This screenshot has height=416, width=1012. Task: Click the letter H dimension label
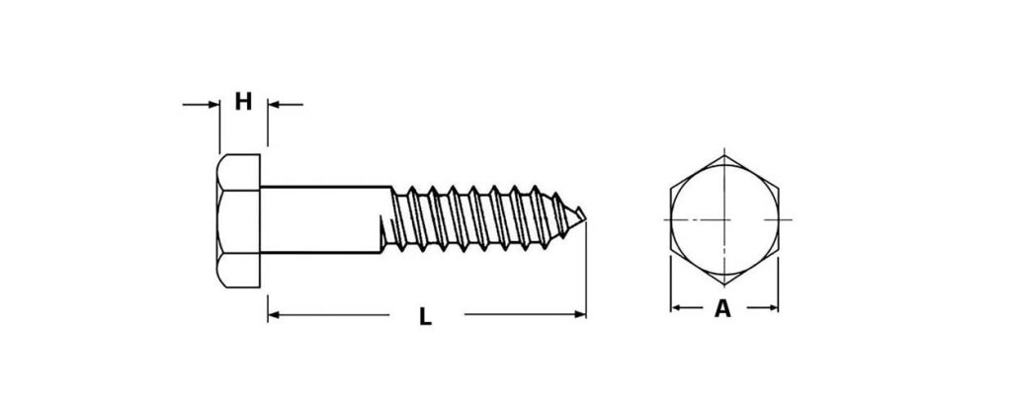[x=243, y=101]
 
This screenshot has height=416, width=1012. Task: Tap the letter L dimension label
[x=425, y=316]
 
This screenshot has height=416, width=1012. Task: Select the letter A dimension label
[x=722, y=309]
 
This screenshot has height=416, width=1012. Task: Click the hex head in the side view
[x=238, y=220]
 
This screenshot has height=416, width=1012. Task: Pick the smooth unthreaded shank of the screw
[x=323, y=219]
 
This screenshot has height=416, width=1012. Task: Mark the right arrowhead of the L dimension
[x=579, y=315]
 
